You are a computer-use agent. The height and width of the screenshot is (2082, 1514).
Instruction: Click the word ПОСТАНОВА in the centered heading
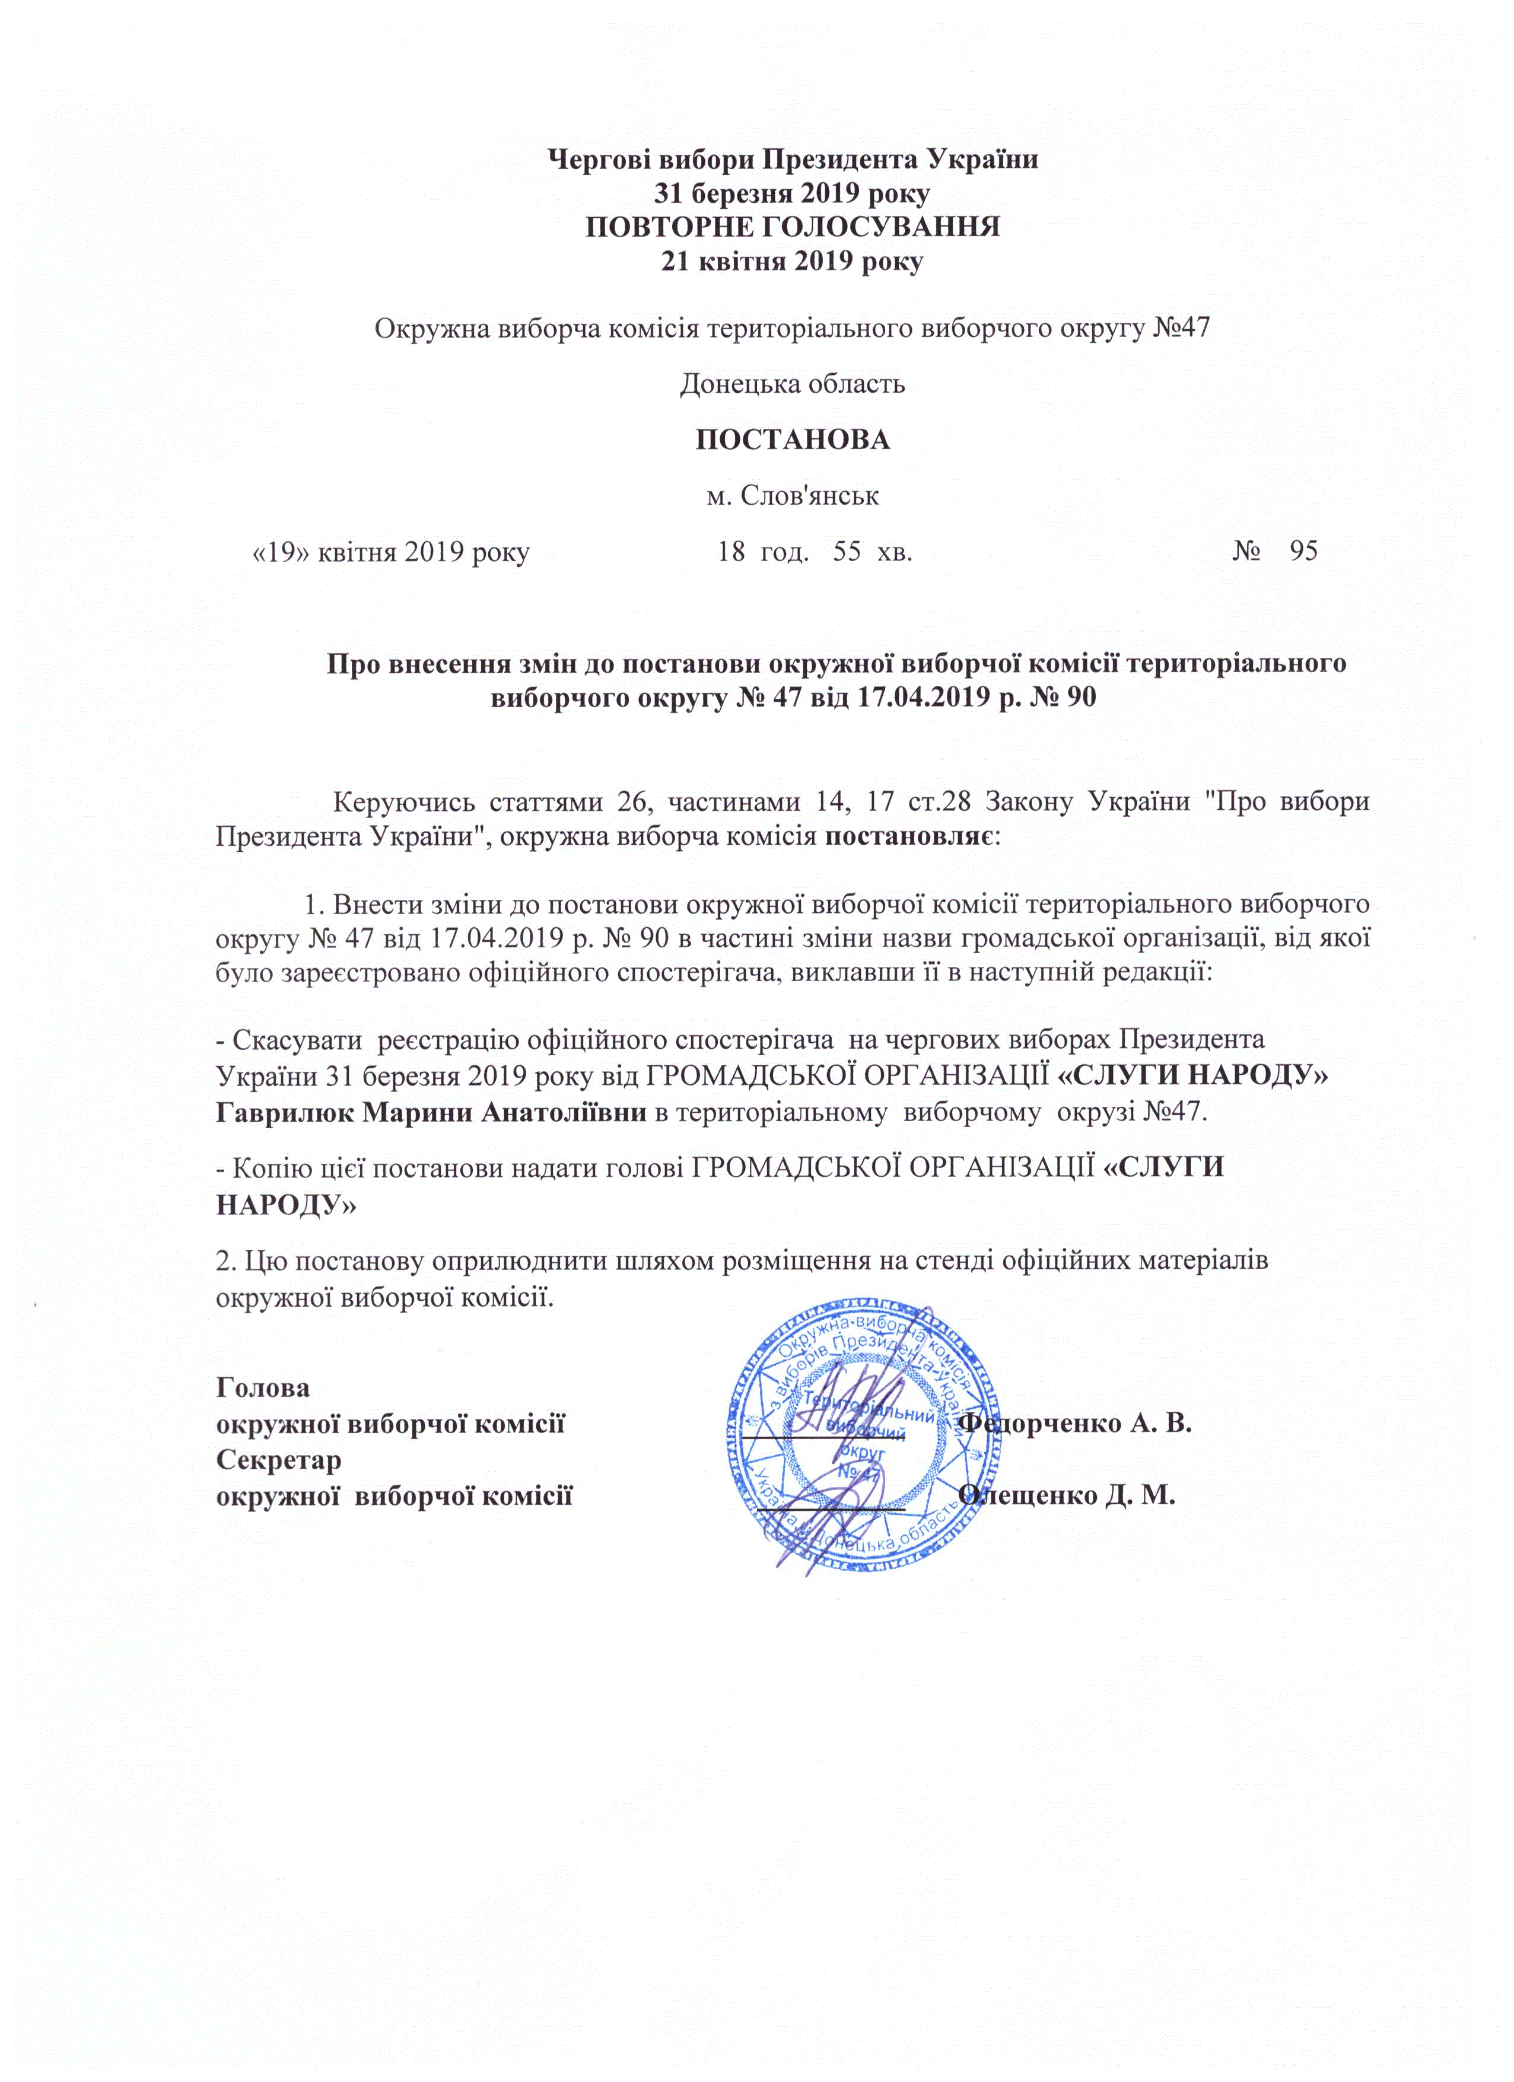pyautogui.click(x=793, y=440)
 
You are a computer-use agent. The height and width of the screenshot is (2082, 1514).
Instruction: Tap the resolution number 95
pyautogui.click(x=1304, y=551)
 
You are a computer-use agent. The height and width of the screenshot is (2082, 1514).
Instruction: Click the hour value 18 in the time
pyautogui.click(x=731, y=552)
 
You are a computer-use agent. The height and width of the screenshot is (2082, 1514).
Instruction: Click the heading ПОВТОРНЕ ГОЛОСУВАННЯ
pyautogui.click(x=793, y=227)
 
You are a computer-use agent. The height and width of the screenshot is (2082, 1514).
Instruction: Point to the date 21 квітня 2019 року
pyautogui.click(x=793, y=262)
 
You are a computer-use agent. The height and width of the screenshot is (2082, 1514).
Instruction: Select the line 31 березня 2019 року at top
pyautogui.click(x=793, y=193)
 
